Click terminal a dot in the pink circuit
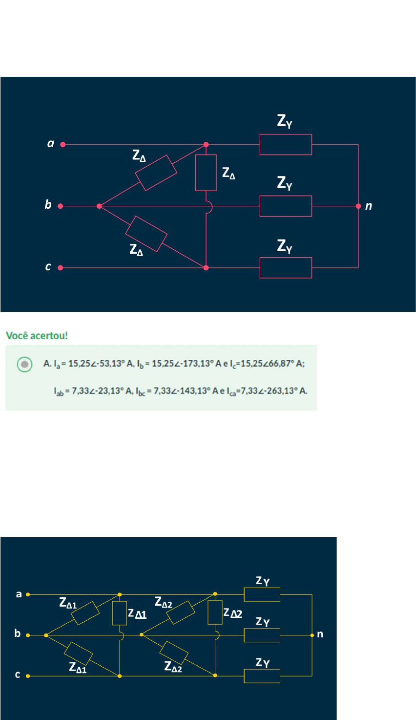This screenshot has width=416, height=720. tap(63, 145)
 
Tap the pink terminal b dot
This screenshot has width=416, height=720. tap(61, 206)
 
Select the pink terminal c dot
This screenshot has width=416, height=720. tap(61, 268)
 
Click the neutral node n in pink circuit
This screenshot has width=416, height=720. tap(358, 206)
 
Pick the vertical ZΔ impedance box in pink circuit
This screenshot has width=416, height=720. tap(206, 173)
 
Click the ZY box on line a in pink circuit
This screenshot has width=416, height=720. tap(286, 145)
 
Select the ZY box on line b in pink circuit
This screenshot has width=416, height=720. tap(286, 206)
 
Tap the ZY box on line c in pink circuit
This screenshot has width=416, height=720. tap(286, 268)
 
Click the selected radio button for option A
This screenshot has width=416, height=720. tap(24, 364)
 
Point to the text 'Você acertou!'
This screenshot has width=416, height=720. tap(37, 336)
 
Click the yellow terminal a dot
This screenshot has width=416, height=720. tap(28, 595)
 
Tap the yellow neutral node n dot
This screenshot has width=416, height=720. tap(312, 635)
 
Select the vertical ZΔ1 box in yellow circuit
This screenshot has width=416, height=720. tap(120, 613)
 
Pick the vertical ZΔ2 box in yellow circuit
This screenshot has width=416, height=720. tap(215, 612)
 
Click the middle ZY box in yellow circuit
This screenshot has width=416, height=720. tap(262, 635)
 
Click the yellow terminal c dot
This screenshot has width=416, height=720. tap(28, 676)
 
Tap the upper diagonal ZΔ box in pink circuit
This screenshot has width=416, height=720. tap(156, 173)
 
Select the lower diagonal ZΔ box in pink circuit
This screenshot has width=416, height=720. tap(146, 234)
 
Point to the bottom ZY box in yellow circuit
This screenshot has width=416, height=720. tap(262, 676)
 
